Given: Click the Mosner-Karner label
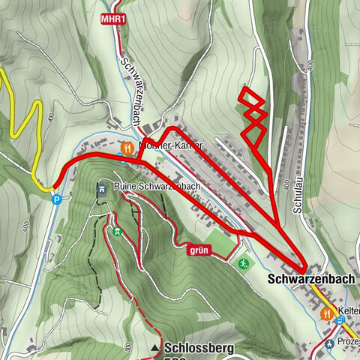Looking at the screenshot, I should pyautogui.click(x=169, y=147).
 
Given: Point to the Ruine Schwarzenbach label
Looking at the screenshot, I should pyautogui.click(x=157, y=186).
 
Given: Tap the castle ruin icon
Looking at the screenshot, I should pyautogui.click(x=102, y=187).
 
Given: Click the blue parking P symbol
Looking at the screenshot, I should pyautogui.click(x=56, y=199).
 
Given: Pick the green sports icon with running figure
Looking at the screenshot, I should pyautogui.click(x=243, y=263).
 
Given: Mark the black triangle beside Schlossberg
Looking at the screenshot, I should pyautogui.click(x=155, y=348).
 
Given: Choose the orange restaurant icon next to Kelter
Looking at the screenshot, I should pyautogui.click(x=327, y=313).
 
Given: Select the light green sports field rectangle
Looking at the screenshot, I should pyautogui.click(x=219, y=241).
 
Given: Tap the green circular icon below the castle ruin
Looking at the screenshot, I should pyautogui.click(x=116, y=230).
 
